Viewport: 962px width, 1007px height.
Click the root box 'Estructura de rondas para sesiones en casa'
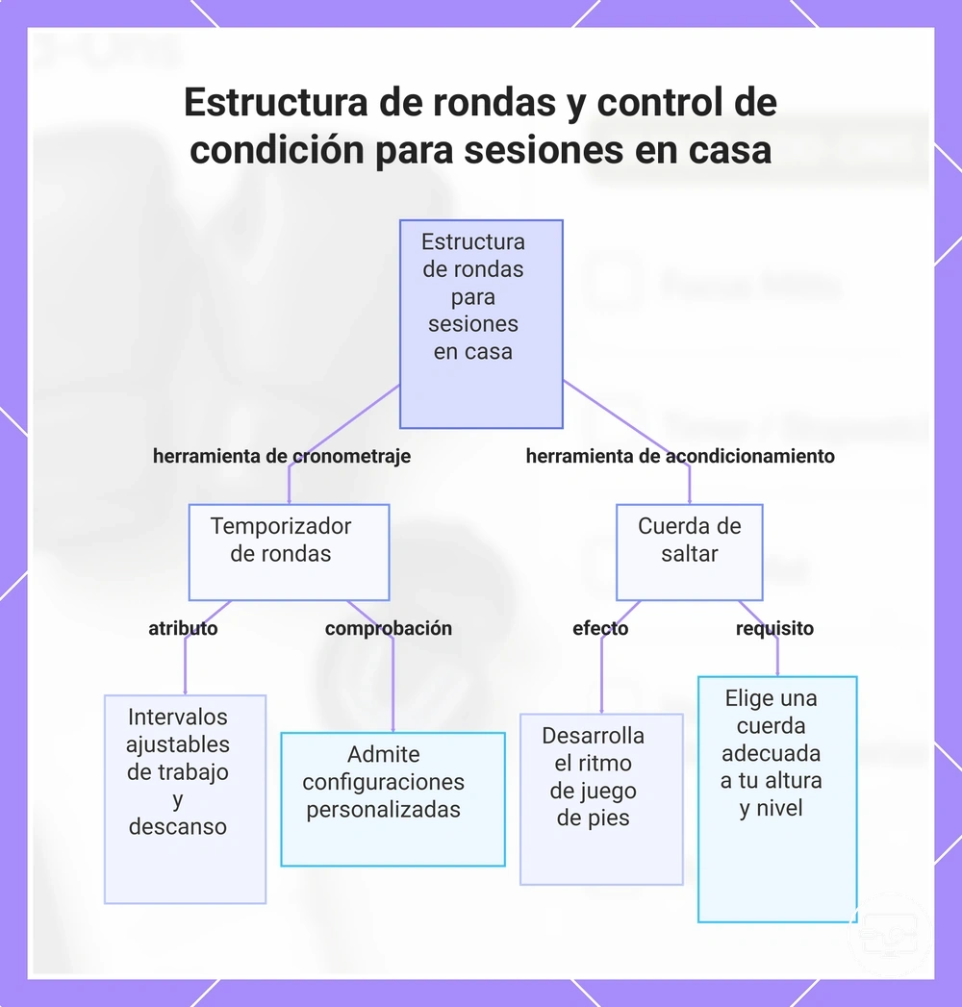[x=481, y=324]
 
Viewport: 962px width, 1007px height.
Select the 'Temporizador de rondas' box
[x=289, y=552]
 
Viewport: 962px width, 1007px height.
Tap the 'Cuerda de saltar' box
[x=690, y=552]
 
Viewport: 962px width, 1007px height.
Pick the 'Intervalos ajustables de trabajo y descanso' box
[x=185, y=799]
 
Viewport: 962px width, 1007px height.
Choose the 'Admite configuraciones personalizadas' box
[x=393, y=799]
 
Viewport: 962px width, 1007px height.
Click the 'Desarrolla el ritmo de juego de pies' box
[x=601, y=799]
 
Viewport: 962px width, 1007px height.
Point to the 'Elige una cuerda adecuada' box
[x=777, y=799]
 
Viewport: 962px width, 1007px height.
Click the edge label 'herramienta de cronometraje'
[x=282, y=456]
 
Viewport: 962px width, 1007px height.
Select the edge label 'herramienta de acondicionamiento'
[x=680, y=456]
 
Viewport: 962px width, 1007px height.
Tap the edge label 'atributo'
[x=183, y=628]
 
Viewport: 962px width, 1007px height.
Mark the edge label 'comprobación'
[x=389, y=629]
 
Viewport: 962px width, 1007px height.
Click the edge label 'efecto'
[x=600, y=628]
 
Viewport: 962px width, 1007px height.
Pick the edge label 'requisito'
[x=774, y=629]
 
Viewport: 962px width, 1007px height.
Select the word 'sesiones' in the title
[x=544, y=150]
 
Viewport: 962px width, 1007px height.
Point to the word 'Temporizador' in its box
[x=281, y=526]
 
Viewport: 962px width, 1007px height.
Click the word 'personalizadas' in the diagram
[x=384, y=810]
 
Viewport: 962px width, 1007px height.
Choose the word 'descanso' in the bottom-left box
[x=178, y=826]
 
